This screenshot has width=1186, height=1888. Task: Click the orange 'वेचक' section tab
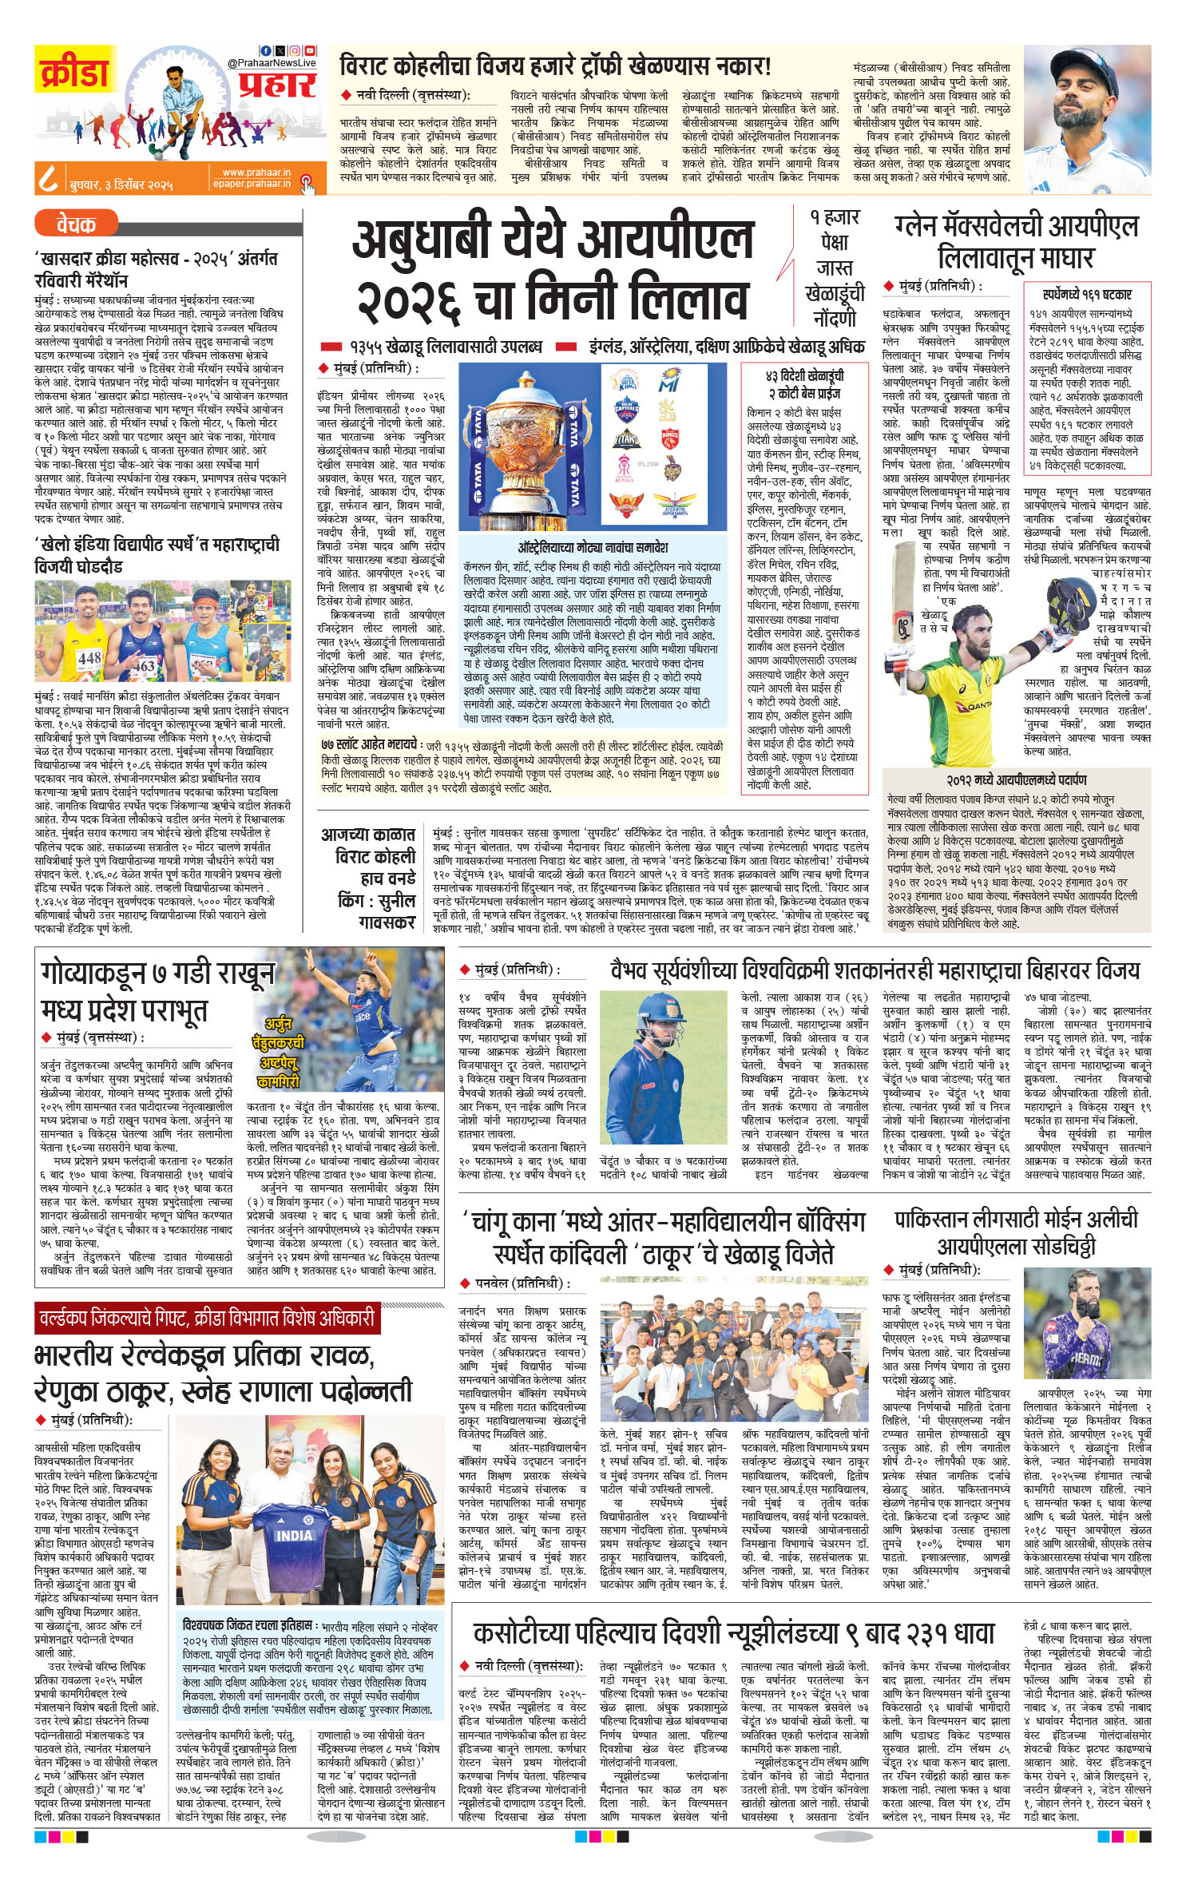[x=76, y=224]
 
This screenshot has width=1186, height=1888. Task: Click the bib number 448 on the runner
[x=89, y=658]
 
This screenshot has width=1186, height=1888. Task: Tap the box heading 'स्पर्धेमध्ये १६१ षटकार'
[x=1087, y=295]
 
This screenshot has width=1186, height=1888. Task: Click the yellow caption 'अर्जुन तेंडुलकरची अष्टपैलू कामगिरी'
[x=279, y=1051]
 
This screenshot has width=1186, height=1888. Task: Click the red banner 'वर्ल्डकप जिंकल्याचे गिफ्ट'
[x=206, y=1318]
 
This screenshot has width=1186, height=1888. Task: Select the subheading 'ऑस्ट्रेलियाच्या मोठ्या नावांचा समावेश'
[x=593, y=547]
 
